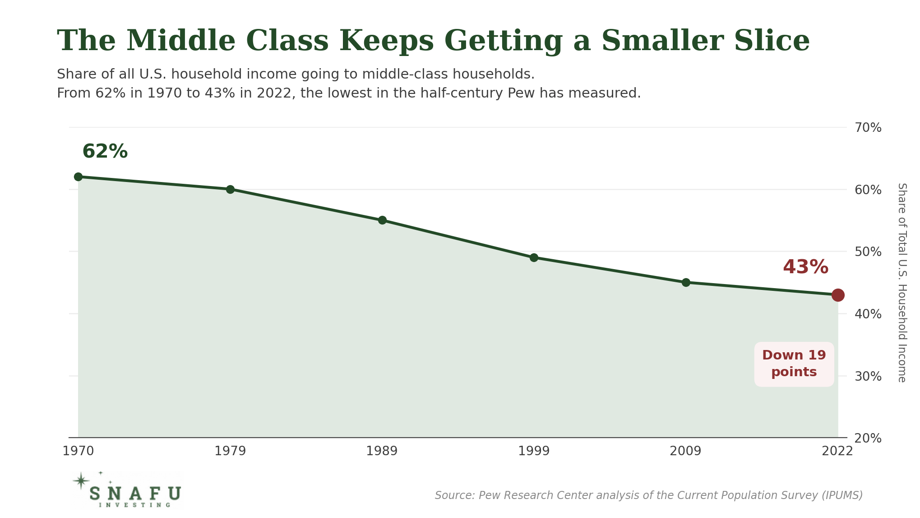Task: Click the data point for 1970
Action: pyautogui.click(x=78, y=177)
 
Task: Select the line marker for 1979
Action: pyautogui.click(x=230, y=189)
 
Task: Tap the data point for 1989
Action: pyautogui.click(x=382, y=220)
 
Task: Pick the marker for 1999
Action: pyautogui.click(x=534, y=257)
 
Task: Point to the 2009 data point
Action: pyautogui.click(x=686, y=282)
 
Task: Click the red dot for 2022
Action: pyautogui.click(x=838, y=295)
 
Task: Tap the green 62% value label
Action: pyautogui.click(x=105, y=151)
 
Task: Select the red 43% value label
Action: pyautogui.click(x=805, y=267)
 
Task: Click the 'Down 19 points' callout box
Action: pyautogui.click(x=794, y=364)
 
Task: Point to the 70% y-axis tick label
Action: pyautogui.click(x=868, y=128)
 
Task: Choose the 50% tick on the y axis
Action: pyautogui.click(x=868, y=252)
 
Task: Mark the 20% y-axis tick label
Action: pyautogui.click(x=868, y=438)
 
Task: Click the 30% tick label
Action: pyautogui.click(x=868, y=376)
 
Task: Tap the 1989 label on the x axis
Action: pyautogui.click(x=382, y=451)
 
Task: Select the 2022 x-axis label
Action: pyautogui.click(x=837, y=451)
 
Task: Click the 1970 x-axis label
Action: pyautogui.click(x=78, y=451)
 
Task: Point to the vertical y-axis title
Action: pyautogui.click(x=902, y=283)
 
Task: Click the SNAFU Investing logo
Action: pyautogui.click(x=127, y=490)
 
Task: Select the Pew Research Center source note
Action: pyautogui.click(x=649, y=495)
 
